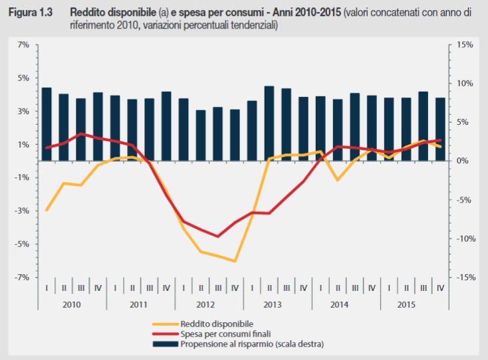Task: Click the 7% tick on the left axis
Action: [x=23, y=45]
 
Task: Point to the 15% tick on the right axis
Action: [x=464, y=45]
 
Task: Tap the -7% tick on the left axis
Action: [x=22, y=277]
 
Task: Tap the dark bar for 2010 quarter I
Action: [x=47, y=124]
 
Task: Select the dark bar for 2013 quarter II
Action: [x=269, y=124]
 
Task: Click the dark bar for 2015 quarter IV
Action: [x=440, y=129]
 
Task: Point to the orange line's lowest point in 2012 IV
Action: [x=235, y=261]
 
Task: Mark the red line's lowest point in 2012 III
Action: [x=218, y=236]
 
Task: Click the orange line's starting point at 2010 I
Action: [x=47, y=210]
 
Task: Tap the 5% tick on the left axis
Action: [x=23, y=78]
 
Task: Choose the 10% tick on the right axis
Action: [x=464, y=83]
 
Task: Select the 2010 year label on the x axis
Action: [x=72, y=304]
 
